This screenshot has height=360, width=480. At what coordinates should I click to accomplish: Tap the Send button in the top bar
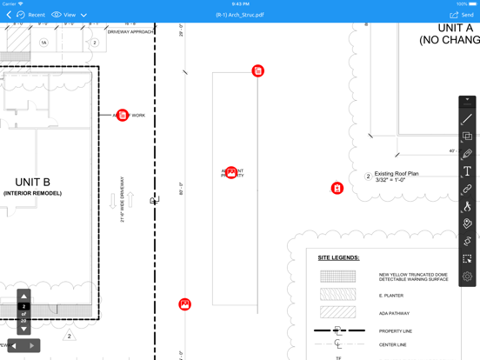tap(462, 15)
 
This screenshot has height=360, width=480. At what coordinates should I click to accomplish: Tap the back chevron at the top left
tap(9, 15)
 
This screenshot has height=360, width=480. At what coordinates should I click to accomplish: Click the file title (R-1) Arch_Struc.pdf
tap(240, 15)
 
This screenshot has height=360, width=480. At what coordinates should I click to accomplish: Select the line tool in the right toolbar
tap(467, 119)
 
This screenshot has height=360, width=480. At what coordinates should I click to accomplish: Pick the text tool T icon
tap(467, 171)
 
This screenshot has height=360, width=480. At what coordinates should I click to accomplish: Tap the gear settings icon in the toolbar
tap(467, 277)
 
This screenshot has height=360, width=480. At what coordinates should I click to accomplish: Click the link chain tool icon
tap(467, 189)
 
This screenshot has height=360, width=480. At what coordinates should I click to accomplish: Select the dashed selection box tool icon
tap(467, 259)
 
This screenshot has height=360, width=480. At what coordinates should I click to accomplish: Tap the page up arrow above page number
tap(23, 296)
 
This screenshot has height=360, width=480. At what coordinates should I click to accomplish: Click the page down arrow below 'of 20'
tap(23, 328)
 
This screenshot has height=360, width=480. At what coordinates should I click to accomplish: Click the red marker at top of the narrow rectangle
tap(258, 70)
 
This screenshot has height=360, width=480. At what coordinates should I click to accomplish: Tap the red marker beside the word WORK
tap(123, 115)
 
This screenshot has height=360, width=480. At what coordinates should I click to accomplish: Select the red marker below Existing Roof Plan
tap(337, 188)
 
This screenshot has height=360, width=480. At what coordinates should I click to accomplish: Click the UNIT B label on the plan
tap(32, 183)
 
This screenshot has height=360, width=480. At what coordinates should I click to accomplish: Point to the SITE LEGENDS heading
tap(338, 257)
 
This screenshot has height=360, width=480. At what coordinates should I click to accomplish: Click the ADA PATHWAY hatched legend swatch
tap(337, 312)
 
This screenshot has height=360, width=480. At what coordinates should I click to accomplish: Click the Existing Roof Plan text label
tap(396, 174)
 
